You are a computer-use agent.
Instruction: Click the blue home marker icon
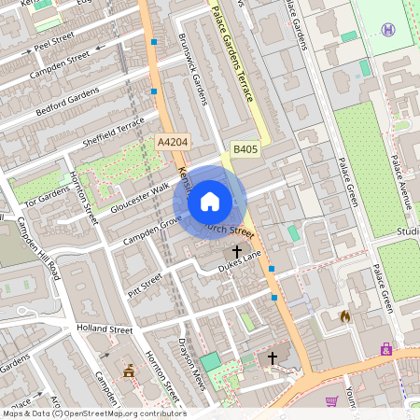coord(210,201)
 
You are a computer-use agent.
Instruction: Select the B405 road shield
coord(245,148)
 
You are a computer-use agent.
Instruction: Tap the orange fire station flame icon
coord(344,317)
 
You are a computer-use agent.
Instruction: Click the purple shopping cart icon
coord(331,401)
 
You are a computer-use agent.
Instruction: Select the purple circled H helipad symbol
coord(388,30)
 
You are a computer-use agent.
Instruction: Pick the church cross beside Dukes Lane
coord(237,251)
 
